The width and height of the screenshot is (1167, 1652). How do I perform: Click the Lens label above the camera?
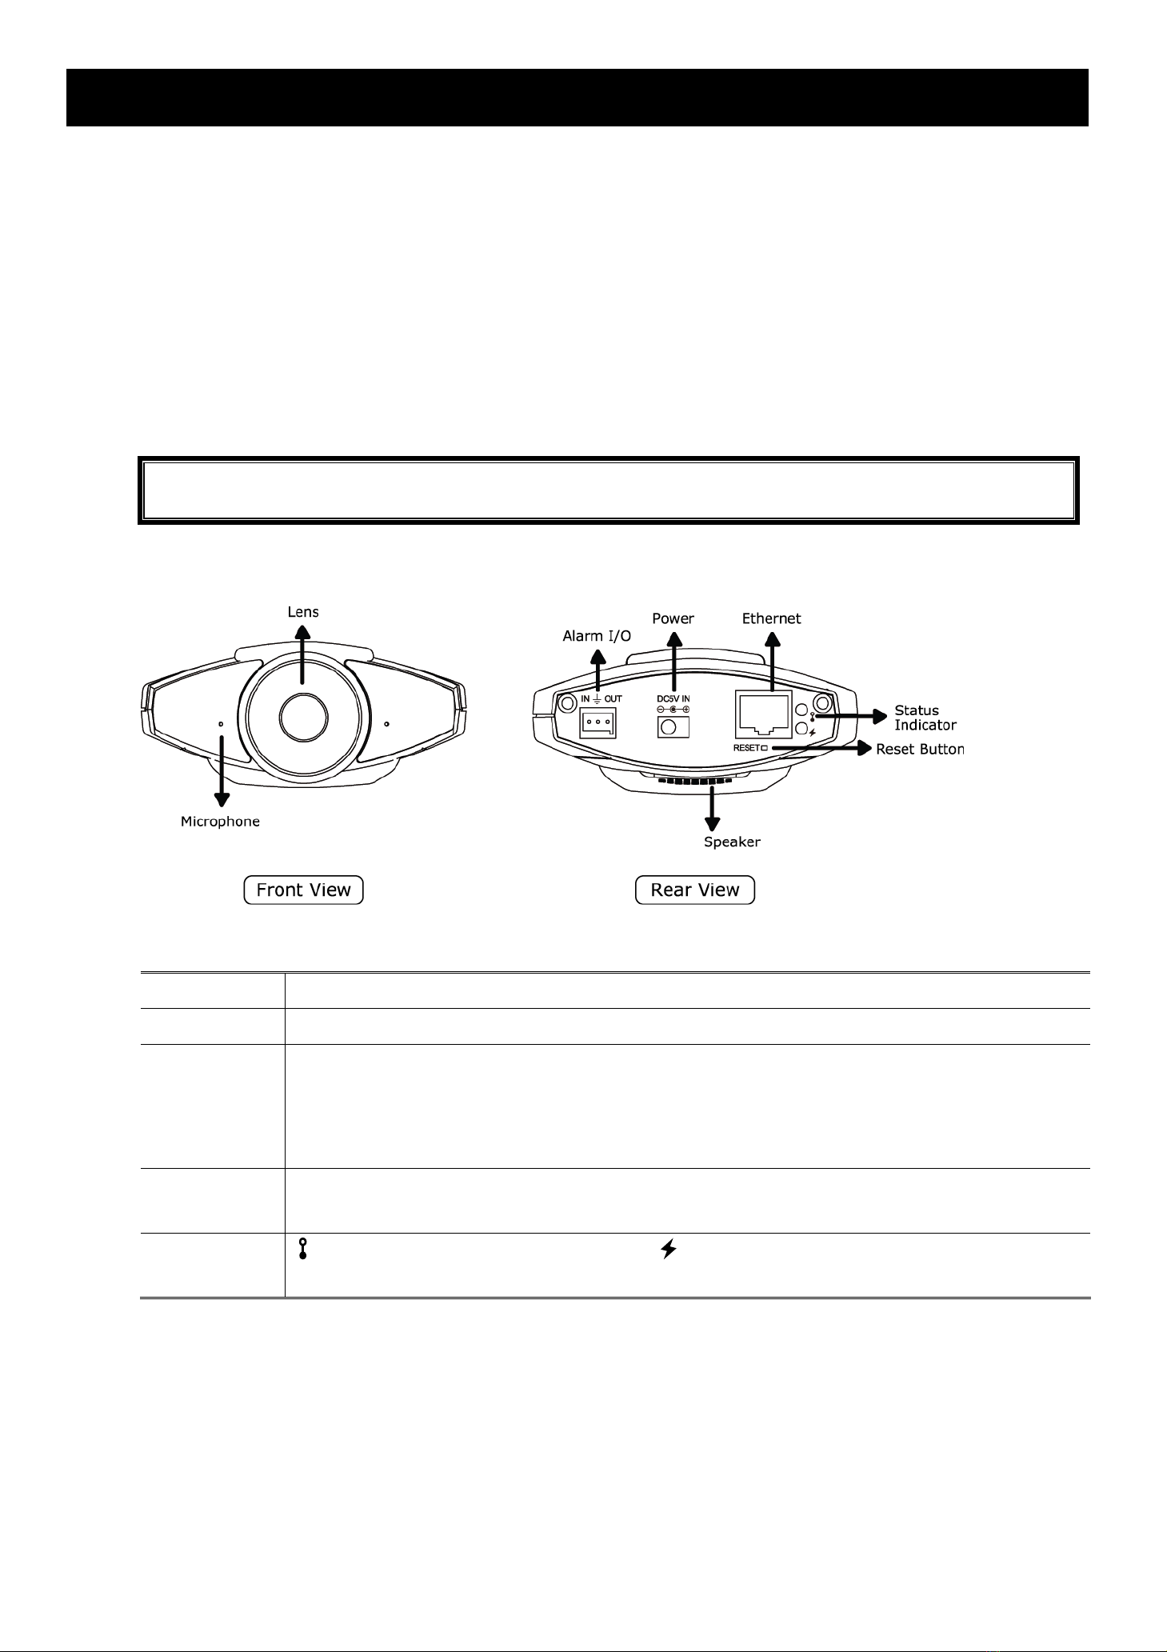point(303,611)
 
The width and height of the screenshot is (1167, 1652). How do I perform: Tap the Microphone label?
point(220,822)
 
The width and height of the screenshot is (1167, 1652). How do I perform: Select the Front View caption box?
point(303,890)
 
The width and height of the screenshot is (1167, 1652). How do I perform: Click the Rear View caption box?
point(695,890)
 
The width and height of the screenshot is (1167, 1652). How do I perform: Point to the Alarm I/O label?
point(597,636)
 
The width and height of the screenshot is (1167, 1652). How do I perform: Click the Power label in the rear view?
point(673,618)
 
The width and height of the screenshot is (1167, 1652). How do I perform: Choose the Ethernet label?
point(771,618)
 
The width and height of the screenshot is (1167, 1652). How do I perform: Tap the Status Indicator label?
point(925,718)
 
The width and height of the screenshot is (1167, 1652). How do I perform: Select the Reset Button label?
point(920,750)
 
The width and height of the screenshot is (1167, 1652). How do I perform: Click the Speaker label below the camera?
point(732,842)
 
